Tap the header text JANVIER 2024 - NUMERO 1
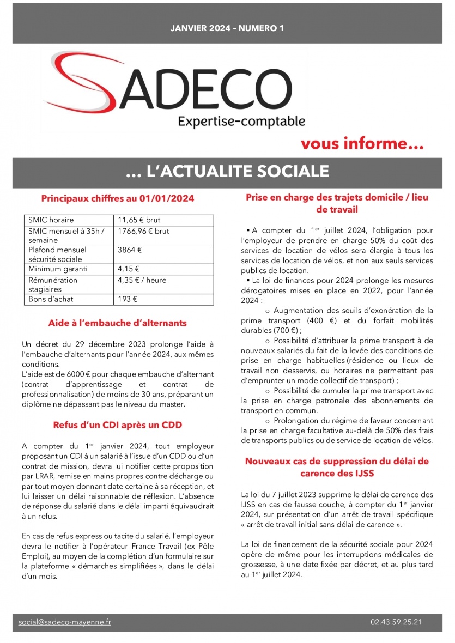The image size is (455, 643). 227,28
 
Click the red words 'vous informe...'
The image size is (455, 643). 362,144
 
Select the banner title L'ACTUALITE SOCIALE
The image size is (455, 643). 227,171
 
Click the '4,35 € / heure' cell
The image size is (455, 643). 142,280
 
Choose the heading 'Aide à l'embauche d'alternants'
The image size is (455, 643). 118,323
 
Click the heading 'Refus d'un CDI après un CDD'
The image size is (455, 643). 118,424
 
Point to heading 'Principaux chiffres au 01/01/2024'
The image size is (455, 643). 118,199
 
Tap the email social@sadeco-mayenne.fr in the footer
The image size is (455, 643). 65,622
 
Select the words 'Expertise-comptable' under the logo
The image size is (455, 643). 241,121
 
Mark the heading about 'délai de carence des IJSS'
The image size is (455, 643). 337,467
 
